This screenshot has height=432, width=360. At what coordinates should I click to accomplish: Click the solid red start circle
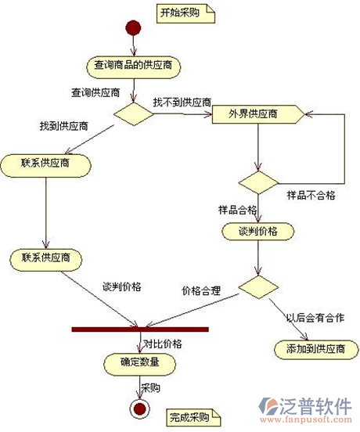tap(133, 27)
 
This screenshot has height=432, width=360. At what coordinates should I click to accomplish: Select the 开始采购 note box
tap(185, 13)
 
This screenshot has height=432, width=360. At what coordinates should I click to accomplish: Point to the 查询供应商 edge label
tap(95, 92)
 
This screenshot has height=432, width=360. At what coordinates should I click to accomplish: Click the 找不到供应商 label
tap(182, 103)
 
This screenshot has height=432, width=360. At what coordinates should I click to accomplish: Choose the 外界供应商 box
tap(258, 114)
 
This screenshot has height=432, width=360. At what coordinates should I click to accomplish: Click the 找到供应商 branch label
tap(64, 126)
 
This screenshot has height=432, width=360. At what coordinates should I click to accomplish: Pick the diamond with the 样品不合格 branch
tap(258, 182)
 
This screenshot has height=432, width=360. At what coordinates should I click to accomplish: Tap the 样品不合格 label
tap(311, 196)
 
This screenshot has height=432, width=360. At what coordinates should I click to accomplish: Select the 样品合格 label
tap(237, 210)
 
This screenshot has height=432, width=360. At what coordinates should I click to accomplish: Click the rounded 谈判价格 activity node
tap(258, 232)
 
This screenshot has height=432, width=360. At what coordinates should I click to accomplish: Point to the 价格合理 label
tap(201, 290)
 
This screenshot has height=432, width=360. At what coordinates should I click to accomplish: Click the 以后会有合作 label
tap(315, 318)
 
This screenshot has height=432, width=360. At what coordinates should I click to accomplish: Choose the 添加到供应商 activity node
tap(316, 349)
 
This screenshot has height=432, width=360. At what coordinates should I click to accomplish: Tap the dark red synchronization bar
tap(140, 329)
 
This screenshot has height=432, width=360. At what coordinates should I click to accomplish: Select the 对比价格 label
tap(163, 344)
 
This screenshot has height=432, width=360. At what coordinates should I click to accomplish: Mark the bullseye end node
tap(139, 409)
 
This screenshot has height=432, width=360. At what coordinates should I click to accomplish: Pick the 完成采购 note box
tap(193, 418)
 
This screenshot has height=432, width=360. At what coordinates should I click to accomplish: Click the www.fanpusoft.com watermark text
tap(306, 420)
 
